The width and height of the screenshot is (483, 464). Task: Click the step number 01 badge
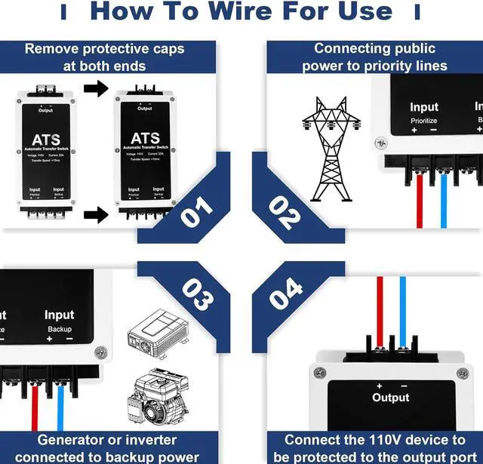click(x=198, y=210)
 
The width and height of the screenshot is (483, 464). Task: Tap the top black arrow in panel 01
click(x=95, y=90)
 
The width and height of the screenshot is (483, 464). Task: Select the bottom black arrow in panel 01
click(x=95, y=216)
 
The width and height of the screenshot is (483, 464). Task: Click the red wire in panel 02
click(x=420, y=201)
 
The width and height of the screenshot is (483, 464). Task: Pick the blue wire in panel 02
click(x=443, y=201)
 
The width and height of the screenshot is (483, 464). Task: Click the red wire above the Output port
click(x=380, y=309)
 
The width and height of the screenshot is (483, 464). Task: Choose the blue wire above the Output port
click(x=403, y=309)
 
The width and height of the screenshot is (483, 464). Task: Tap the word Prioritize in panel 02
click(x=424, y=121)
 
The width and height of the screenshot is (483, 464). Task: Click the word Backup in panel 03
click(x=60, y=329)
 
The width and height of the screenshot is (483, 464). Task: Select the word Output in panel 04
click(x=390, y=398)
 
